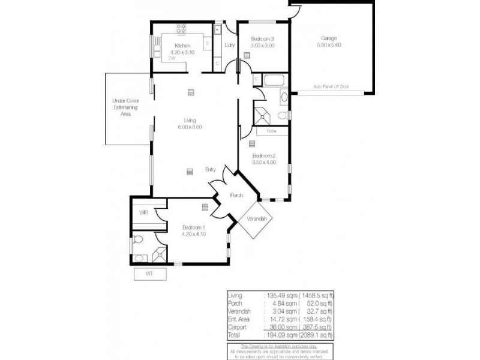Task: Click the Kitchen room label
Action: pos(182,46)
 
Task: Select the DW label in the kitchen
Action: pos(172,58)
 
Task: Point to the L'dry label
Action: pos(229,46)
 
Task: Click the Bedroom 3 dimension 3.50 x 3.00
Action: pos(262,46)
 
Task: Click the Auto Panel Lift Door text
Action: pos(331,86)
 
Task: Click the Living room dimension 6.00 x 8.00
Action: pos(190,127)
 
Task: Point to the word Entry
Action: pos(211,169)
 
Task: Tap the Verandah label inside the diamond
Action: pos(256,219)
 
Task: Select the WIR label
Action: pos(143,213)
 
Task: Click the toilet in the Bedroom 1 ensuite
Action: pos(137,239)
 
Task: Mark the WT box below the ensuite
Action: pos(149,274)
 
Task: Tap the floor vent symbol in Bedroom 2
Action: pos(252,144)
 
